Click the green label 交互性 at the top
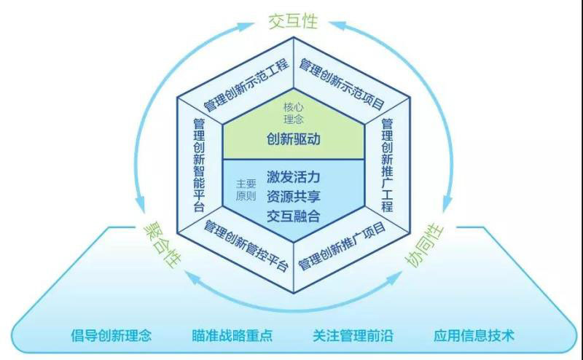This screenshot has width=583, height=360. click(x=293, y=21)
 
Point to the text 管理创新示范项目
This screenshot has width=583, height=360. click(x=342, y=81)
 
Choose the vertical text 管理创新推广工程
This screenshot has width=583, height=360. click(x=387, y=165)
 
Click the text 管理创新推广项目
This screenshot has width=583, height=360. click(x=342, y=246)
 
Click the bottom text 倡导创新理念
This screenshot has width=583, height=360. click(x=111, y=336)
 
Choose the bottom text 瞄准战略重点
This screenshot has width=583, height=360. click(x=232, y=336)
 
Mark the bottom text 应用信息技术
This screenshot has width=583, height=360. click(x=474, y=336)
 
